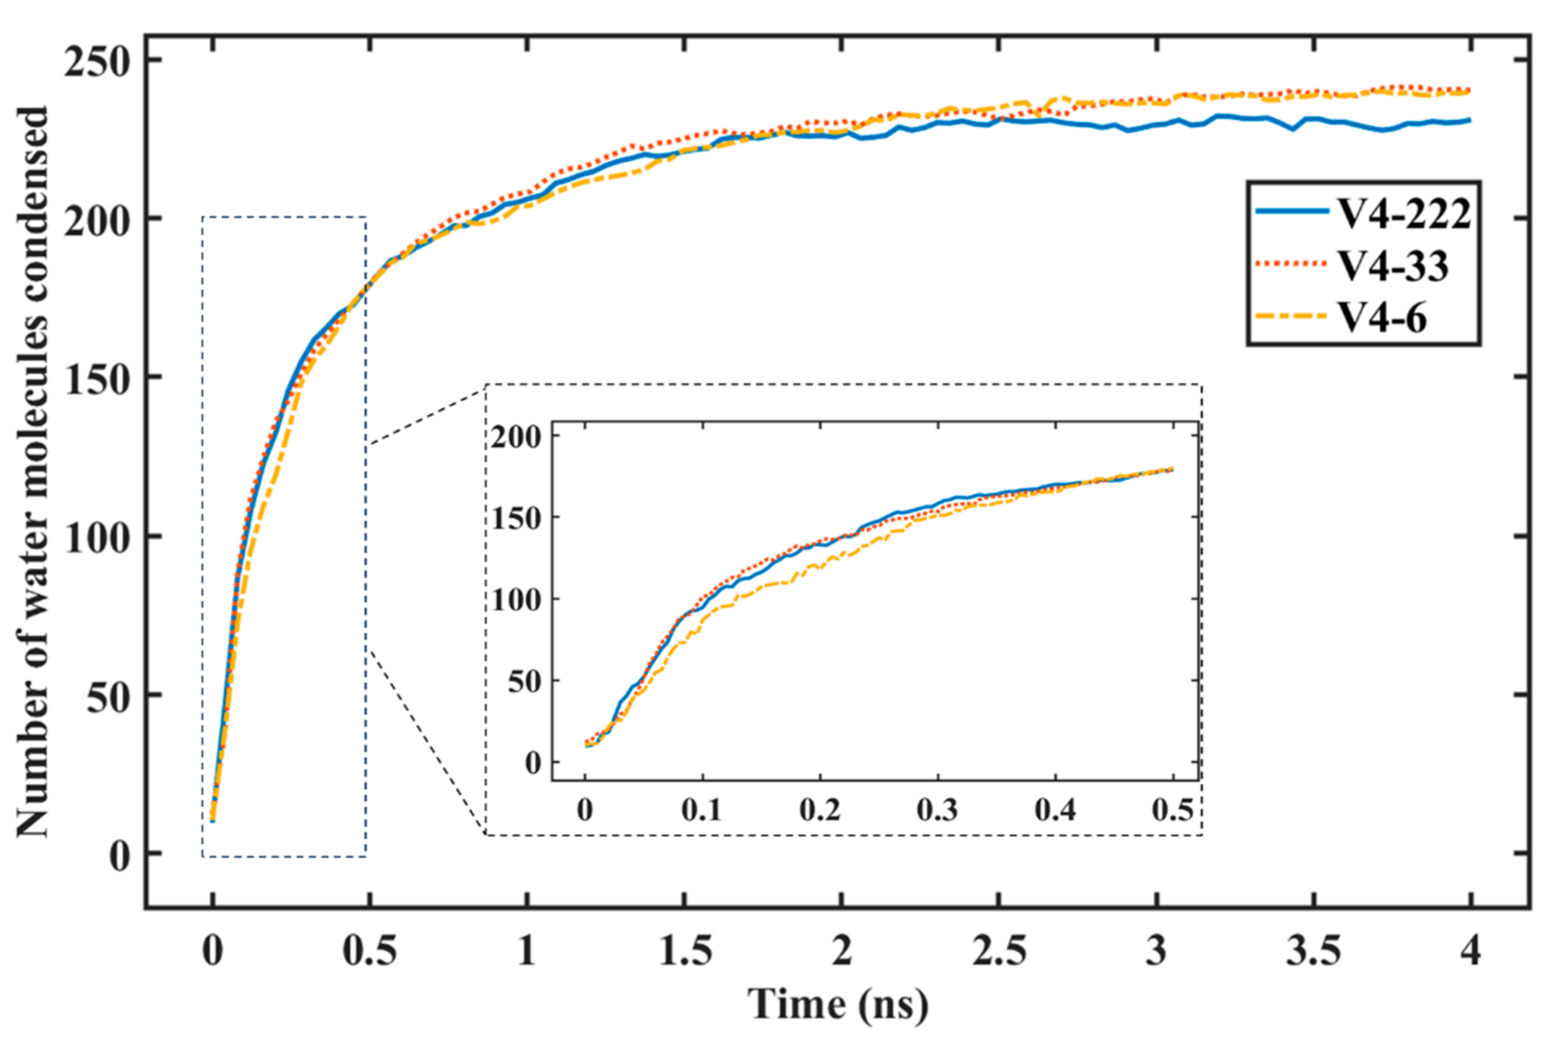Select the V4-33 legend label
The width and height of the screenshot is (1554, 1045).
[1394, 267]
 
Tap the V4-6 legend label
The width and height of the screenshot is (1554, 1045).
[1383, 318]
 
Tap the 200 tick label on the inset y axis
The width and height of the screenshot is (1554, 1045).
[516, 437]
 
